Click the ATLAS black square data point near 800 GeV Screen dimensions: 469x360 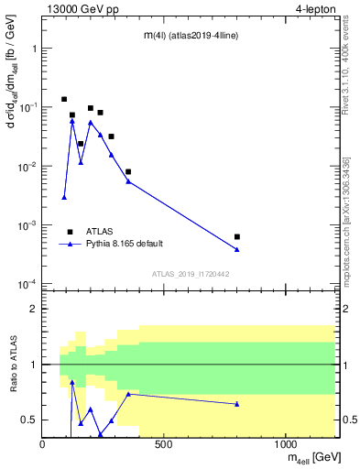click(237, 236)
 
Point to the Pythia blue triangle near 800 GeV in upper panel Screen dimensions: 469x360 click(237, 249)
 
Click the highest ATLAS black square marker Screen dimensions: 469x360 click(64, 99)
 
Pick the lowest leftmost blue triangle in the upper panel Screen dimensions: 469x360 click(64, 197)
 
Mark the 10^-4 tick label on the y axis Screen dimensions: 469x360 click(26, 284)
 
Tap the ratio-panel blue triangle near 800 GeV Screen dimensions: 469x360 click(237, 404)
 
